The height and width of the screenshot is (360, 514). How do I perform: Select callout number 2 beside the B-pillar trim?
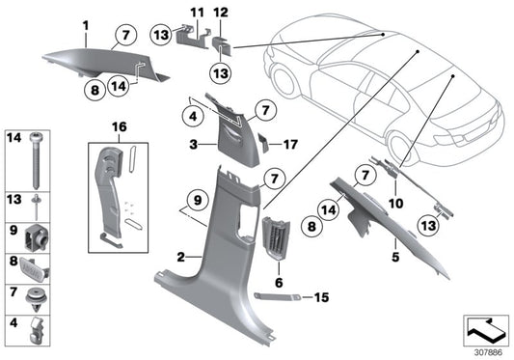click(x=181, y=256)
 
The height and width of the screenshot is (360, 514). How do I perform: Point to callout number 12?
click(x=220, y=11)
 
